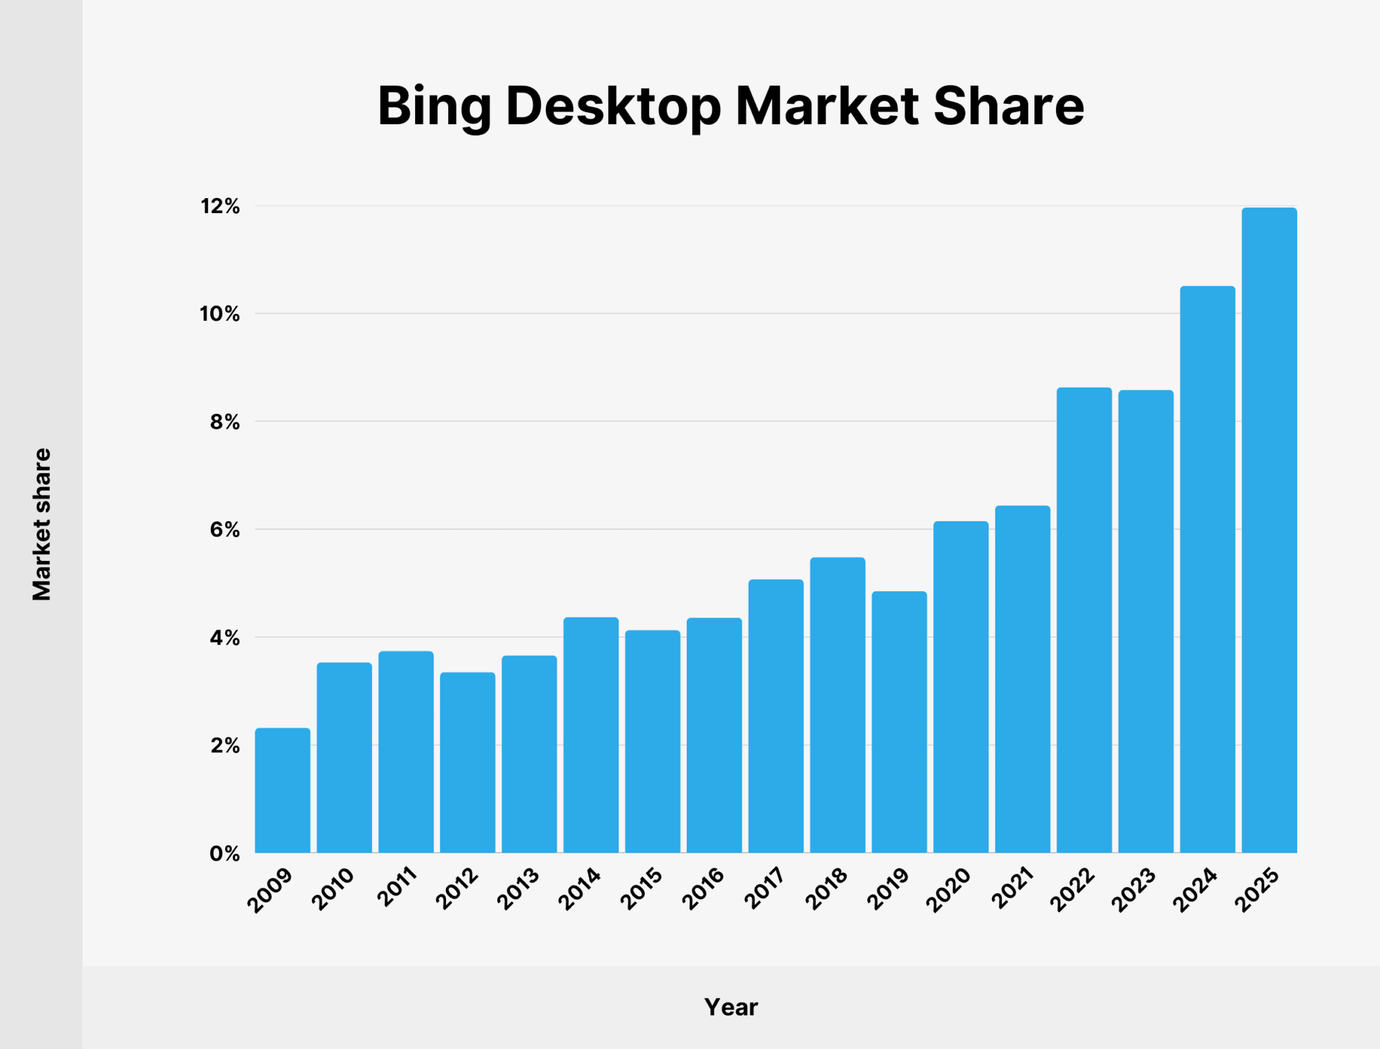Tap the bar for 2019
(899, 721)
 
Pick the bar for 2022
(1084, 620)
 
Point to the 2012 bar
(468, 762)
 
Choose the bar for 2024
(1207, 570)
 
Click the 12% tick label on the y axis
(220, 206)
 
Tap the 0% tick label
(224, 853)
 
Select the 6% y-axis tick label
(224, 530)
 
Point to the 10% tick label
(220, 314)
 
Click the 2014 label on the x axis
(580, 889)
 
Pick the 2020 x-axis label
(949, 890)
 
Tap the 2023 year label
(1135, 890)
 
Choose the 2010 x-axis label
(334, 889)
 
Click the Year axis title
(731, 1007)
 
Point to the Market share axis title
(42, 524)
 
